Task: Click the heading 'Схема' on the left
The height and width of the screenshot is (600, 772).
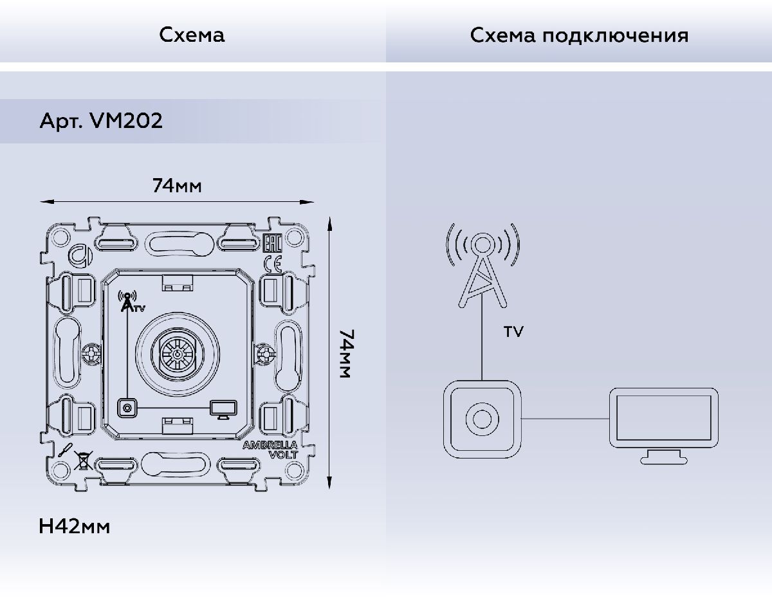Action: [x=192, y=35]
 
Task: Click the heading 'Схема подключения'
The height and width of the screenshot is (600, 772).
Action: [x=578, y=35]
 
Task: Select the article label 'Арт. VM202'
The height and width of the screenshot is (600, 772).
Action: [x=101, y=121]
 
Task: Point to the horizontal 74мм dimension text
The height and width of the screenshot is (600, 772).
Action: [x=177, y=186]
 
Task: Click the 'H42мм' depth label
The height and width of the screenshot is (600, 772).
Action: [x=75, y=527]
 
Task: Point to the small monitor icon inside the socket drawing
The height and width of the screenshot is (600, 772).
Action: [x=223, y=408]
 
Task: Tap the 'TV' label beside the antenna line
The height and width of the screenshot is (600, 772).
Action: [x=513, y=332]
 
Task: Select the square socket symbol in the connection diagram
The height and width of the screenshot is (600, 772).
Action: [x=481, y=418]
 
